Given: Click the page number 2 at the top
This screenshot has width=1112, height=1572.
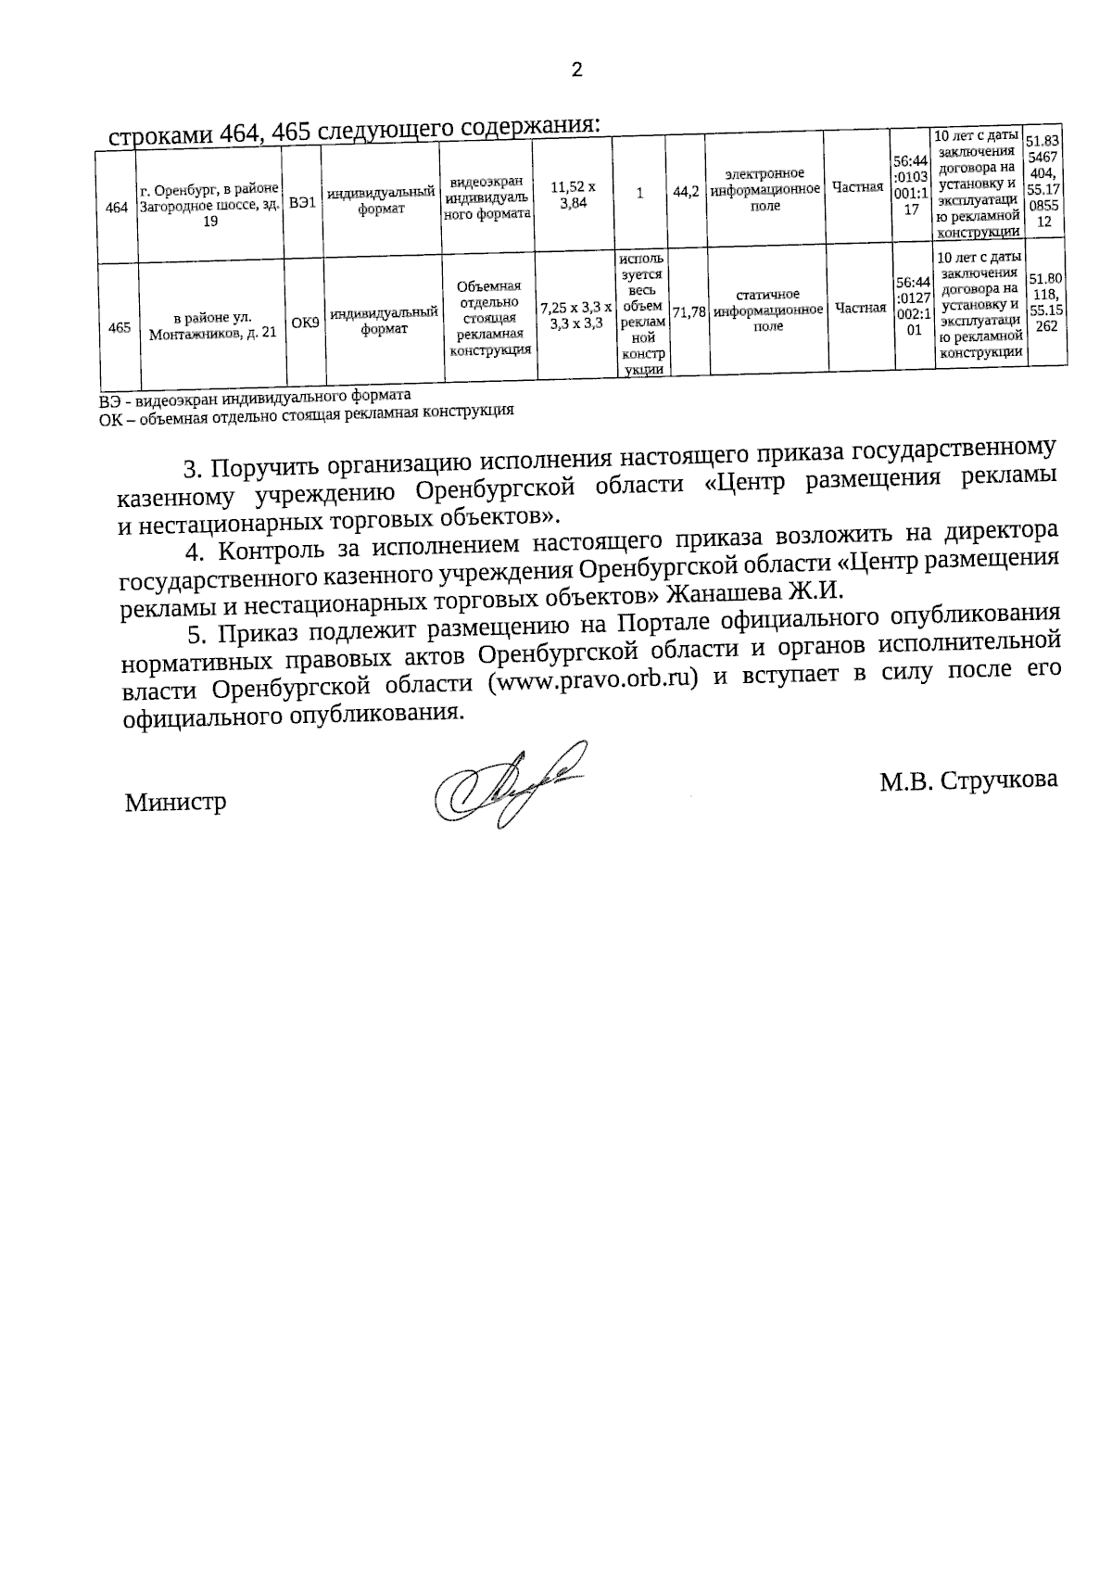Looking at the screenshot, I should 576,70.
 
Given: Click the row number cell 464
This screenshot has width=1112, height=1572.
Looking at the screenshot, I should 117,209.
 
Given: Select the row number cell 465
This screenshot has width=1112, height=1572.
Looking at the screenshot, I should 119,326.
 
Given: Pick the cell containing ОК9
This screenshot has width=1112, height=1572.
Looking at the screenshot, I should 305,323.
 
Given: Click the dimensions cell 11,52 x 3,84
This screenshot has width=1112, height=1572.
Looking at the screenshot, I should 574,195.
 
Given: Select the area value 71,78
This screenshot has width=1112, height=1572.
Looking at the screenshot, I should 690,313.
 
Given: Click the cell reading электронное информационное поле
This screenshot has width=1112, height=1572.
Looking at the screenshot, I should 765,190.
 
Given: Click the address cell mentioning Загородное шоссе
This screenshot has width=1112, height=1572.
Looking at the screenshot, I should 209,206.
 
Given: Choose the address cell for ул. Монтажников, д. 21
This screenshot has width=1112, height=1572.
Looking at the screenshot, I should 213,325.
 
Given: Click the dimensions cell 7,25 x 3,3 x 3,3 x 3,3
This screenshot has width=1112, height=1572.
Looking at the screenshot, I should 575,315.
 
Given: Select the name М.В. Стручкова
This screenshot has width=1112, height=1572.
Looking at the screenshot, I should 968,780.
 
